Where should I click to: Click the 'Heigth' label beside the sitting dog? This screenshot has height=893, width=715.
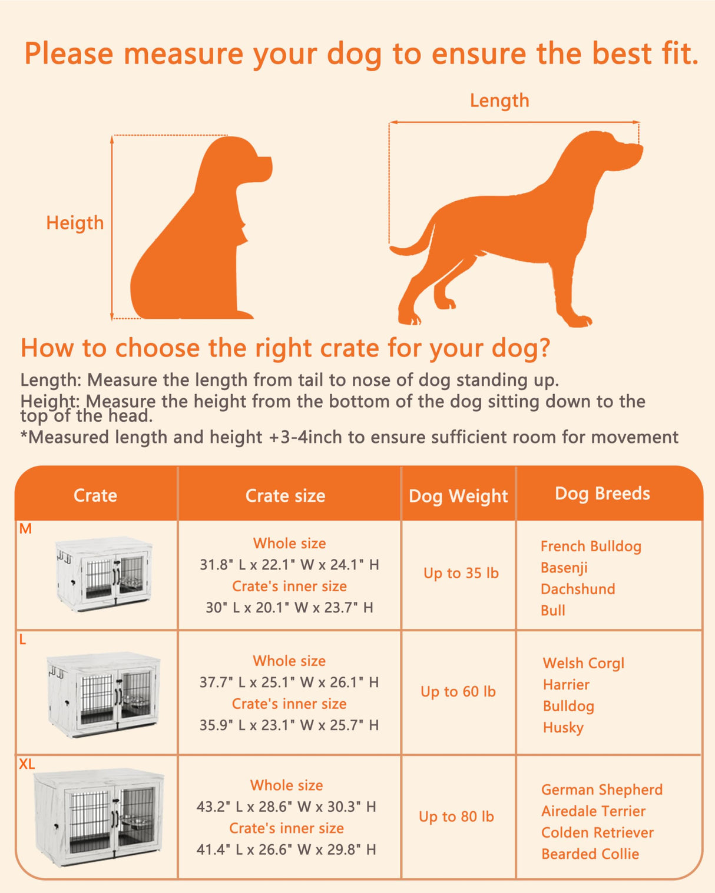pyautogui.click(x=75, y=223)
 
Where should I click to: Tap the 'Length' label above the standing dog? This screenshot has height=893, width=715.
pyautogui.click(x=499, y=101)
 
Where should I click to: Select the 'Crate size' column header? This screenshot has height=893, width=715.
pyautogui.click(x=285, y=496)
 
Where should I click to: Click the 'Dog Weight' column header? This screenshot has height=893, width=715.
pyautogui.click(x=458, y=497)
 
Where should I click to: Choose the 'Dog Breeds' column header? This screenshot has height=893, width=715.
pyautogui.click(x=603, y=494)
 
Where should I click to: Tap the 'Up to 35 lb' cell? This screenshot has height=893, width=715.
pyautogui.click(x=461, y=573)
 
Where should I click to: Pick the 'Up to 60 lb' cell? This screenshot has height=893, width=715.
pyautogui.click(x=458, y=692)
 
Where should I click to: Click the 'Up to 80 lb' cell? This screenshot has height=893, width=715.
pyautogui.click(x=456, y=817)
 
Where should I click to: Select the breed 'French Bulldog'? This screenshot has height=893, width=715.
pyautogui.click(x=591, y=547)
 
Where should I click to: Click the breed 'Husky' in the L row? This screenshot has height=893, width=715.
pyautogui.click(x=563, y=728)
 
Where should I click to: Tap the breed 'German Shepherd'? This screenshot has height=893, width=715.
pyautogui.click(x=602, y=789)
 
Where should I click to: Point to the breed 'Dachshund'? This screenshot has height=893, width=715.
pyautogui.click(x=578, y=589)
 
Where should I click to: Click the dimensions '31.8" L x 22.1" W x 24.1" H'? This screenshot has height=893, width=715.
pyautogui.click(x=289, y=565)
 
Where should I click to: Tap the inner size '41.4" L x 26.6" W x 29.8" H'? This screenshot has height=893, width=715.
pyautogui.click(x=286, y=849)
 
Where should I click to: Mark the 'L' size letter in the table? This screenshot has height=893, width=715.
pyautogui.click(x=23, y=640)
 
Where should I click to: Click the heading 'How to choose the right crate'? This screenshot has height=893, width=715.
pyautogui.click(x=285, y=348)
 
